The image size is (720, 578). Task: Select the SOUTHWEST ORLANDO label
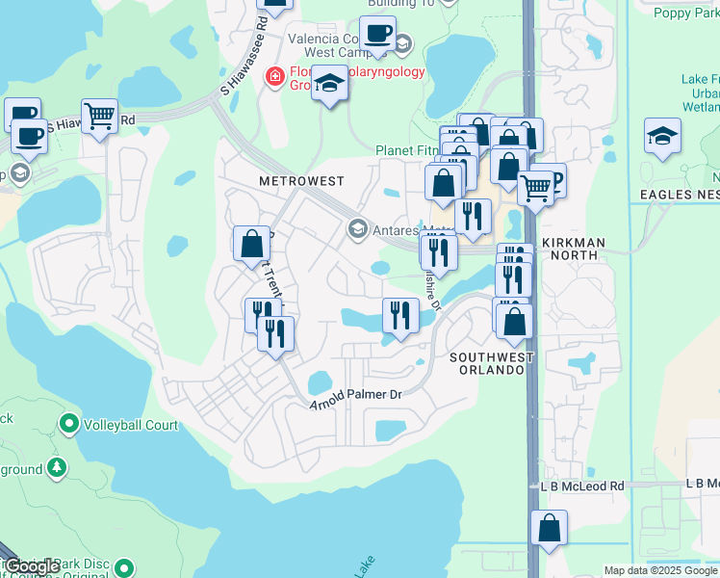point(491,363)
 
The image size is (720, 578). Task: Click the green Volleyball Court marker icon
point(68,423)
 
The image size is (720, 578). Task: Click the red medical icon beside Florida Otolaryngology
point(275,76)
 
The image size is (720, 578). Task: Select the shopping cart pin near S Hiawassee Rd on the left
point(100,117)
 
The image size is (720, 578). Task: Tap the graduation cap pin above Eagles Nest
point(663,136)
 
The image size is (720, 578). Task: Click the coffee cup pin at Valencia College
point(377,34)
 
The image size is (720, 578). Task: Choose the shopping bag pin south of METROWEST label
point(251,243)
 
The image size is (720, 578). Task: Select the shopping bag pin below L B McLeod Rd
point(549,528)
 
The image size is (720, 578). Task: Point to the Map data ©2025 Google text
point(660,570)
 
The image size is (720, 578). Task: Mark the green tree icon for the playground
point(57,468)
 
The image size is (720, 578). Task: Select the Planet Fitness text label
point(405,150)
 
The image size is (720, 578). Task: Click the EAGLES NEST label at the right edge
point(681,195)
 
